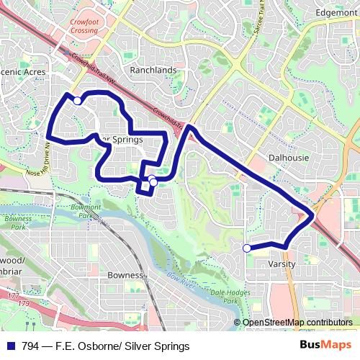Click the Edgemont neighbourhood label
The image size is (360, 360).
[336, 13]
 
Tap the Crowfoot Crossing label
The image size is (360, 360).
[84, 27]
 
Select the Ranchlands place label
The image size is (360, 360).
[153, 70]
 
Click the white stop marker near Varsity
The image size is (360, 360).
[247, 248]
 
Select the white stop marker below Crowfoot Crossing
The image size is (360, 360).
[78, 101]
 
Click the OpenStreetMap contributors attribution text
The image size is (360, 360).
[297, 322]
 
